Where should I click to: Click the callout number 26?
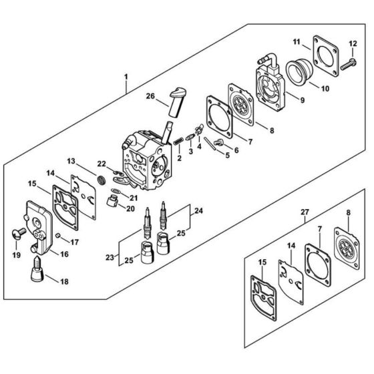tap(150, 96)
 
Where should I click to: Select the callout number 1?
tap(126, 77)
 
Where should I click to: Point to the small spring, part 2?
tap(178, 141)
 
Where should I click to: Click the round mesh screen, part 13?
tap(102, 180)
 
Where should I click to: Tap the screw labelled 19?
tap(19, 233)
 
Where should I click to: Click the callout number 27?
tap(305, 212)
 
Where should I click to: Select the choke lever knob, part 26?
tap(178, 102)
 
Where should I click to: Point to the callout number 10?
tap(325, 88)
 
